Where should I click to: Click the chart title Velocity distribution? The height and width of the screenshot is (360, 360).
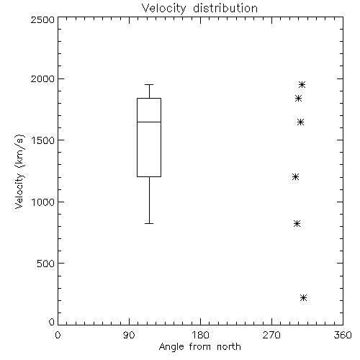coord(199,9)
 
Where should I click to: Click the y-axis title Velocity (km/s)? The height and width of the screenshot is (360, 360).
coord(19,171)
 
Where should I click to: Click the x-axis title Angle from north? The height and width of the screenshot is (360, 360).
coord(199,347)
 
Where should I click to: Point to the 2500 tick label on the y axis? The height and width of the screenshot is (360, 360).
coord(42,19)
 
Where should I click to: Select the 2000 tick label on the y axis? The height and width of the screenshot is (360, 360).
coord(42,78)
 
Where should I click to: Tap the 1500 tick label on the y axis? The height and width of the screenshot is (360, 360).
coord(43,140)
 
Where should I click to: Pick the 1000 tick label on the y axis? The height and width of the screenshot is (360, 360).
coord(43,202)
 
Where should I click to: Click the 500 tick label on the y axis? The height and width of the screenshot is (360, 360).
coord(45,264)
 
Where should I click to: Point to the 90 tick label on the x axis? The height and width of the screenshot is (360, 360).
coord(129,335)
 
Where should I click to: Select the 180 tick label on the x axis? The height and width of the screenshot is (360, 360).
coord(200,335)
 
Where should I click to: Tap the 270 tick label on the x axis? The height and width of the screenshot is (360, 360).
coord(271,335)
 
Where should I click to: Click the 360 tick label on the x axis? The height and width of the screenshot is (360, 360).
coord(343,335)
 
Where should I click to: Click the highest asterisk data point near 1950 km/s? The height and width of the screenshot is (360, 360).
coord(302,84)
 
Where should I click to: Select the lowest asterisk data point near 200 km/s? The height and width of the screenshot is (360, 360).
coord(303,297)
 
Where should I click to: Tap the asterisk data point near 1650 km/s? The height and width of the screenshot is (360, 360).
coord(300,122)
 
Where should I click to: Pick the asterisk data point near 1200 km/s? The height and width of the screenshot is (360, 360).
coord(295,177)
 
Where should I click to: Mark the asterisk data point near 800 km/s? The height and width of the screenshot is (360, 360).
coord(297,224)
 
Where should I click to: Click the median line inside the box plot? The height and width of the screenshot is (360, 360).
coord(149,122)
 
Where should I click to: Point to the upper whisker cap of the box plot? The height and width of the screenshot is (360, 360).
coord(149,84)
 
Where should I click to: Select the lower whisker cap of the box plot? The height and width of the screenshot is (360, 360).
coord(149,223)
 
